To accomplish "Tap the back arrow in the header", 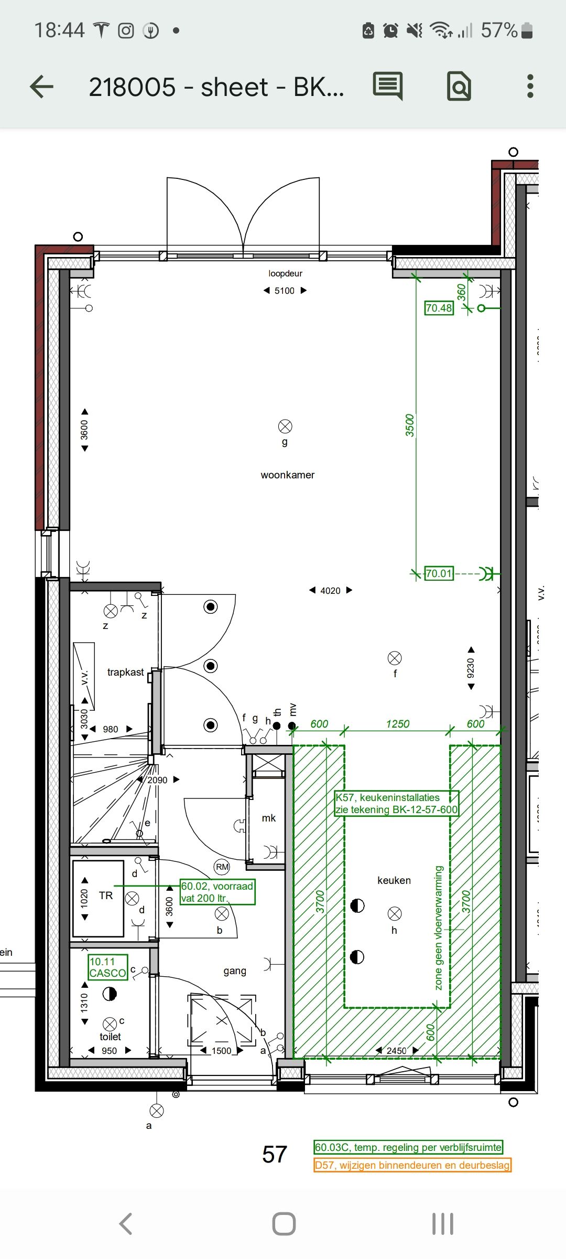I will click(42, 87).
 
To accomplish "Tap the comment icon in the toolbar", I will click(388, 86).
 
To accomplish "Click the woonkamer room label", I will click(288, 475).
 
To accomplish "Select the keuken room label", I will click(394, 880).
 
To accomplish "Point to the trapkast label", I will click(125, 672).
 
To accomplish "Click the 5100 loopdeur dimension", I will click(285, 291).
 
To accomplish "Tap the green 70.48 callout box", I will click(439, 308).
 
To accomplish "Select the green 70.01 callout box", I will click(439, 573).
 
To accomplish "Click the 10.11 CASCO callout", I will click(107, 967).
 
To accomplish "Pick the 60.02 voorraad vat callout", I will click(217, 892).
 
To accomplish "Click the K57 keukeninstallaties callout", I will click(397, 804).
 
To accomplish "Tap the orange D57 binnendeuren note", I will click(412, 1165).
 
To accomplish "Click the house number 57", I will click(275, 1155).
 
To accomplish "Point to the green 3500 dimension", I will click(410, 425).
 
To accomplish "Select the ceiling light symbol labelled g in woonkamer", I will click(285, 426).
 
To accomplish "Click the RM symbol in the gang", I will click(222, 867).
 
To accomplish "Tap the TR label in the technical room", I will click(106, 895).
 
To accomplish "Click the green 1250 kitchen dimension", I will click(397, 724).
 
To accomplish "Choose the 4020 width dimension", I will click(330, 591).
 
